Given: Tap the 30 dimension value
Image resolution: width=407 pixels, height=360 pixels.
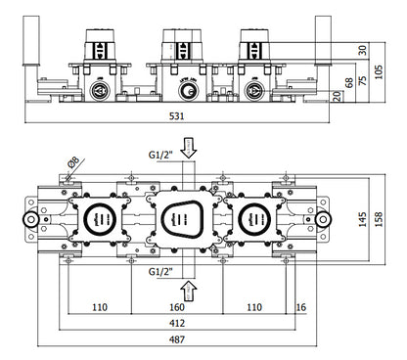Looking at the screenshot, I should click(362, 50).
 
